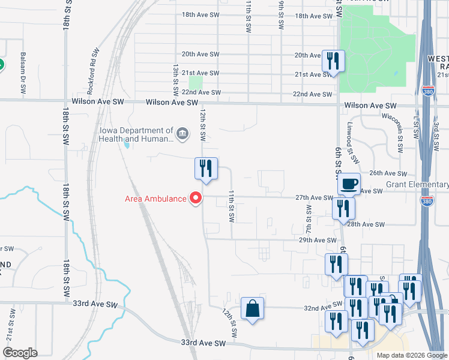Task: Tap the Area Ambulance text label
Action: point(156,199)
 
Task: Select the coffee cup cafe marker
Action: point(349,184)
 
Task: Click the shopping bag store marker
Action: point(253,309)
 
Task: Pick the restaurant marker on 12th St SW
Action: point(205,169)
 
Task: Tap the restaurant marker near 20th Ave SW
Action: point(332,61)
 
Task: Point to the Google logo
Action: point(20,353)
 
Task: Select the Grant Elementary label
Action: point(417,184)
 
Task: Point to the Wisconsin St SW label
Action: point(399,133)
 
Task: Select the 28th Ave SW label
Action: point(366,224)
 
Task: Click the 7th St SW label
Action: point(309,220)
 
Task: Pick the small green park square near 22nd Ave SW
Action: point(196,83)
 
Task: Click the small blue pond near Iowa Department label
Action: point(127,143)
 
